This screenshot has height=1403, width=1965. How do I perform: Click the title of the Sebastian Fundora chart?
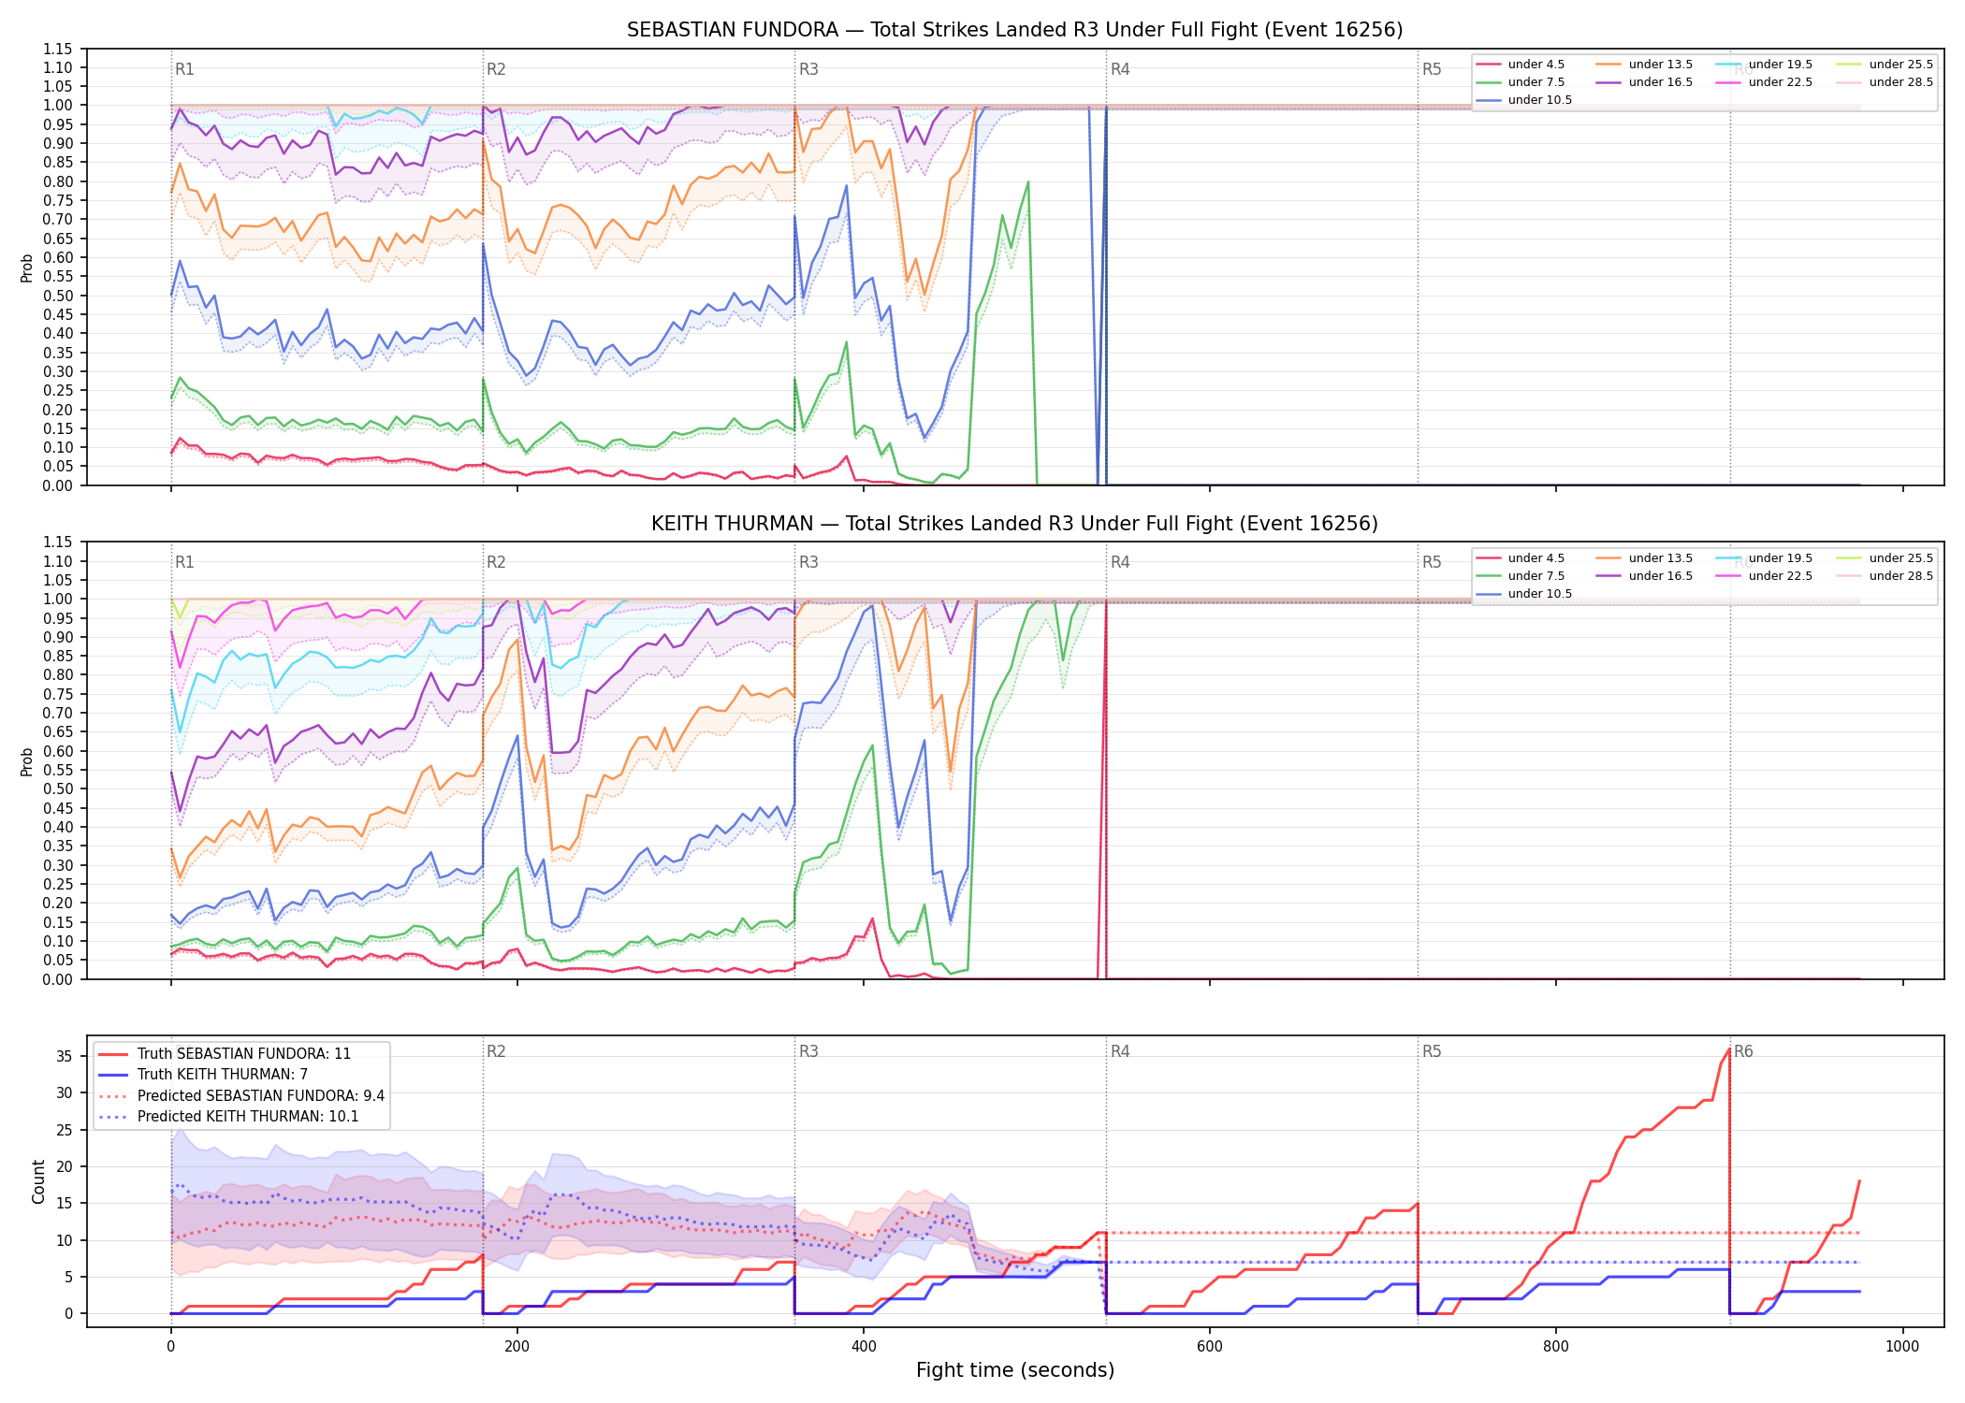[1014, 30]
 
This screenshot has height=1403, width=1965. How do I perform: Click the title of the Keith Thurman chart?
[1014, 524]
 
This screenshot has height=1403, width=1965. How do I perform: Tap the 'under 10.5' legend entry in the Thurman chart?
[1524, 594]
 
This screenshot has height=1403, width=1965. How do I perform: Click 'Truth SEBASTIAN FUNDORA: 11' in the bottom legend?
[225, 1053]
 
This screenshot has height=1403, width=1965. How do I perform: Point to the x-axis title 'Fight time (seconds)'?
[1015, 1370]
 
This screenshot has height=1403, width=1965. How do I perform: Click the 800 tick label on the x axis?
[1556, 1347]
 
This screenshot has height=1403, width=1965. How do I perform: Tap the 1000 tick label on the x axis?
[1902, 1347]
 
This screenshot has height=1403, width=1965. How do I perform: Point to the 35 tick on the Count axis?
[64, 1056]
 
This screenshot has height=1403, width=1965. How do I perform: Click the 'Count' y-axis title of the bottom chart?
[38, 1181]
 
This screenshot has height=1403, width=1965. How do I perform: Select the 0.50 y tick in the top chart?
[57, 296]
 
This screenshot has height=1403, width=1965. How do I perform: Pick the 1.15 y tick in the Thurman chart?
[57, 542]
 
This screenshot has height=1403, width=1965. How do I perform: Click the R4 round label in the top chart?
[1120, 69]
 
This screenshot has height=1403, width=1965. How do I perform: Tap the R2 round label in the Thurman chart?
[496, 562]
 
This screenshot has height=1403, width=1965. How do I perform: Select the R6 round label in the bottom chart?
[1743, 1051]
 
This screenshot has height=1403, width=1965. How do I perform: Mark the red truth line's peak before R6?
[1728, 1049]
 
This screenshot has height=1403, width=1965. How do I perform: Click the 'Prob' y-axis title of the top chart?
[26, 268]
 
